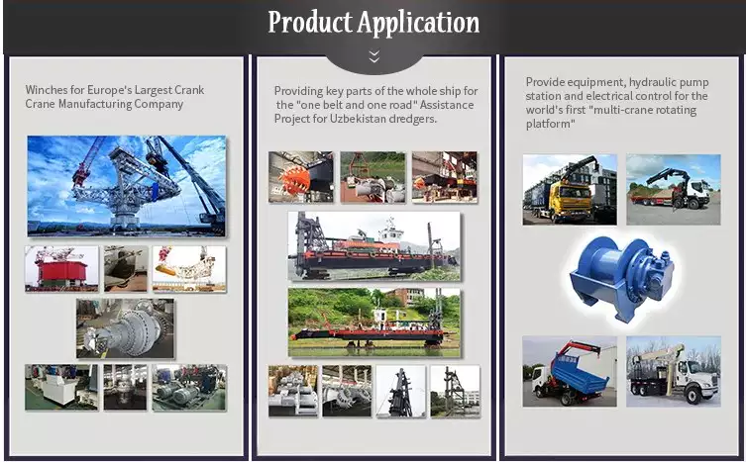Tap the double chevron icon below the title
click(x=373, y=56)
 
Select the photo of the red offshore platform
click(x=60, y=269)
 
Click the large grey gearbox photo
click(x=125, y=328)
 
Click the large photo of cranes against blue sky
click(x=126, y=185)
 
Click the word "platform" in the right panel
click(x=549, y=124)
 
